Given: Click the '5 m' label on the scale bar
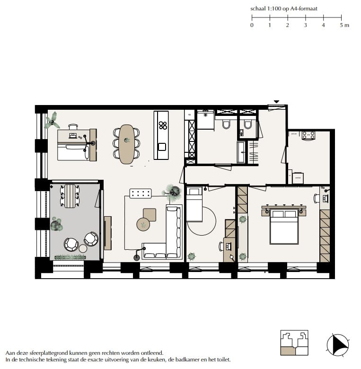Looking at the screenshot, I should (344, 25).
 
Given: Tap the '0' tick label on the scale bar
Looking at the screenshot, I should (252, 25).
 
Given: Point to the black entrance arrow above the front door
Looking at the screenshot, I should (277, 102).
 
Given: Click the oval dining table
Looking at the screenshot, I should (126, 144).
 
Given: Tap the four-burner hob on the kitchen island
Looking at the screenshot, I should (163, 125).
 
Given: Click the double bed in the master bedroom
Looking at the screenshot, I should (284, 227).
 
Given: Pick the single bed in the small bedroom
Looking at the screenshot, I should (194, 204).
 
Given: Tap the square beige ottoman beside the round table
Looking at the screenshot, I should (150, 214).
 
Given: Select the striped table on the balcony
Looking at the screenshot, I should (70, 195).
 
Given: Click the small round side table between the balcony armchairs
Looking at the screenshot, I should (83, 248).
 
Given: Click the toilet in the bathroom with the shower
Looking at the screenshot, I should (226, 124).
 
